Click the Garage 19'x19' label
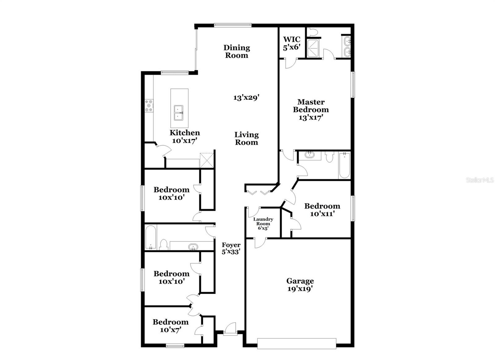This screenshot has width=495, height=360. point(300,284)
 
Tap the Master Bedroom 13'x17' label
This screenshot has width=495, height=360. point(311,110)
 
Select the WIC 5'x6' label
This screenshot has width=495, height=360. point(292,43)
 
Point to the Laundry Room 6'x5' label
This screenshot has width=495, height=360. point(263,223)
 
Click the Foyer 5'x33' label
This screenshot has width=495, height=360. point(231,248)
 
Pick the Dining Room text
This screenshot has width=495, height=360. point(237,51)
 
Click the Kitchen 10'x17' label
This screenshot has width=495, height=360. point(185,137)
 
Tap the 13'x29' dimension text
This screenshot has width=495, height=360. point(246,98)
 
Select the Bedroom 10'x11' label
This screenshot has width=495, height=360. point(322,210)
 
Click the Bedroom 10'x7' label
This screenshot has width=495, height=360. point(170,326)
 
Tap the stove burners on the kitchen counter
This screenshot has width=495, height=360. point(149,106)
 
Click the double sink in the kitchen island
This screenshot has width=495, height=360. point(179,113)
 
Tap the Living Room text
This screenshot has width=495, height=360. point(246,138)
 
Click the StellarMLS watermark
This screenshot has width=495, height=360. point(480,180)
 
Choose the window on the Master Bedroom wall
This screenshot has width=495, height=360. point(353,85)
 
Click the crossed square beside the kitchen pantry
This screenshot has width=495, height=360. point(207,160)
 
